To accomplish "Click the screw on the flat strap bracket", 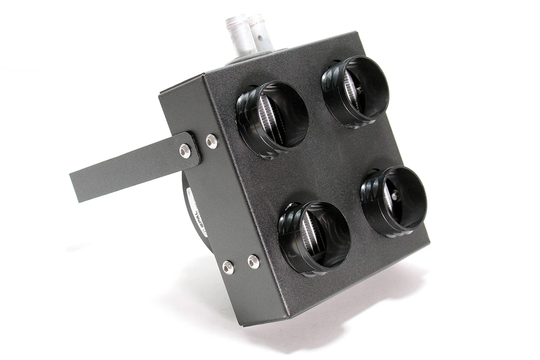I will [185, 150].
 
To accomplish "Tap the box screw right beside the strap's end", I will [212, 141].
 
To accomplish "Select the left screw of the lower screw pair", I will [228, 267].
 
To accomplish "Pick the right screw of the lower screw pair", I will [253, 261].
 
